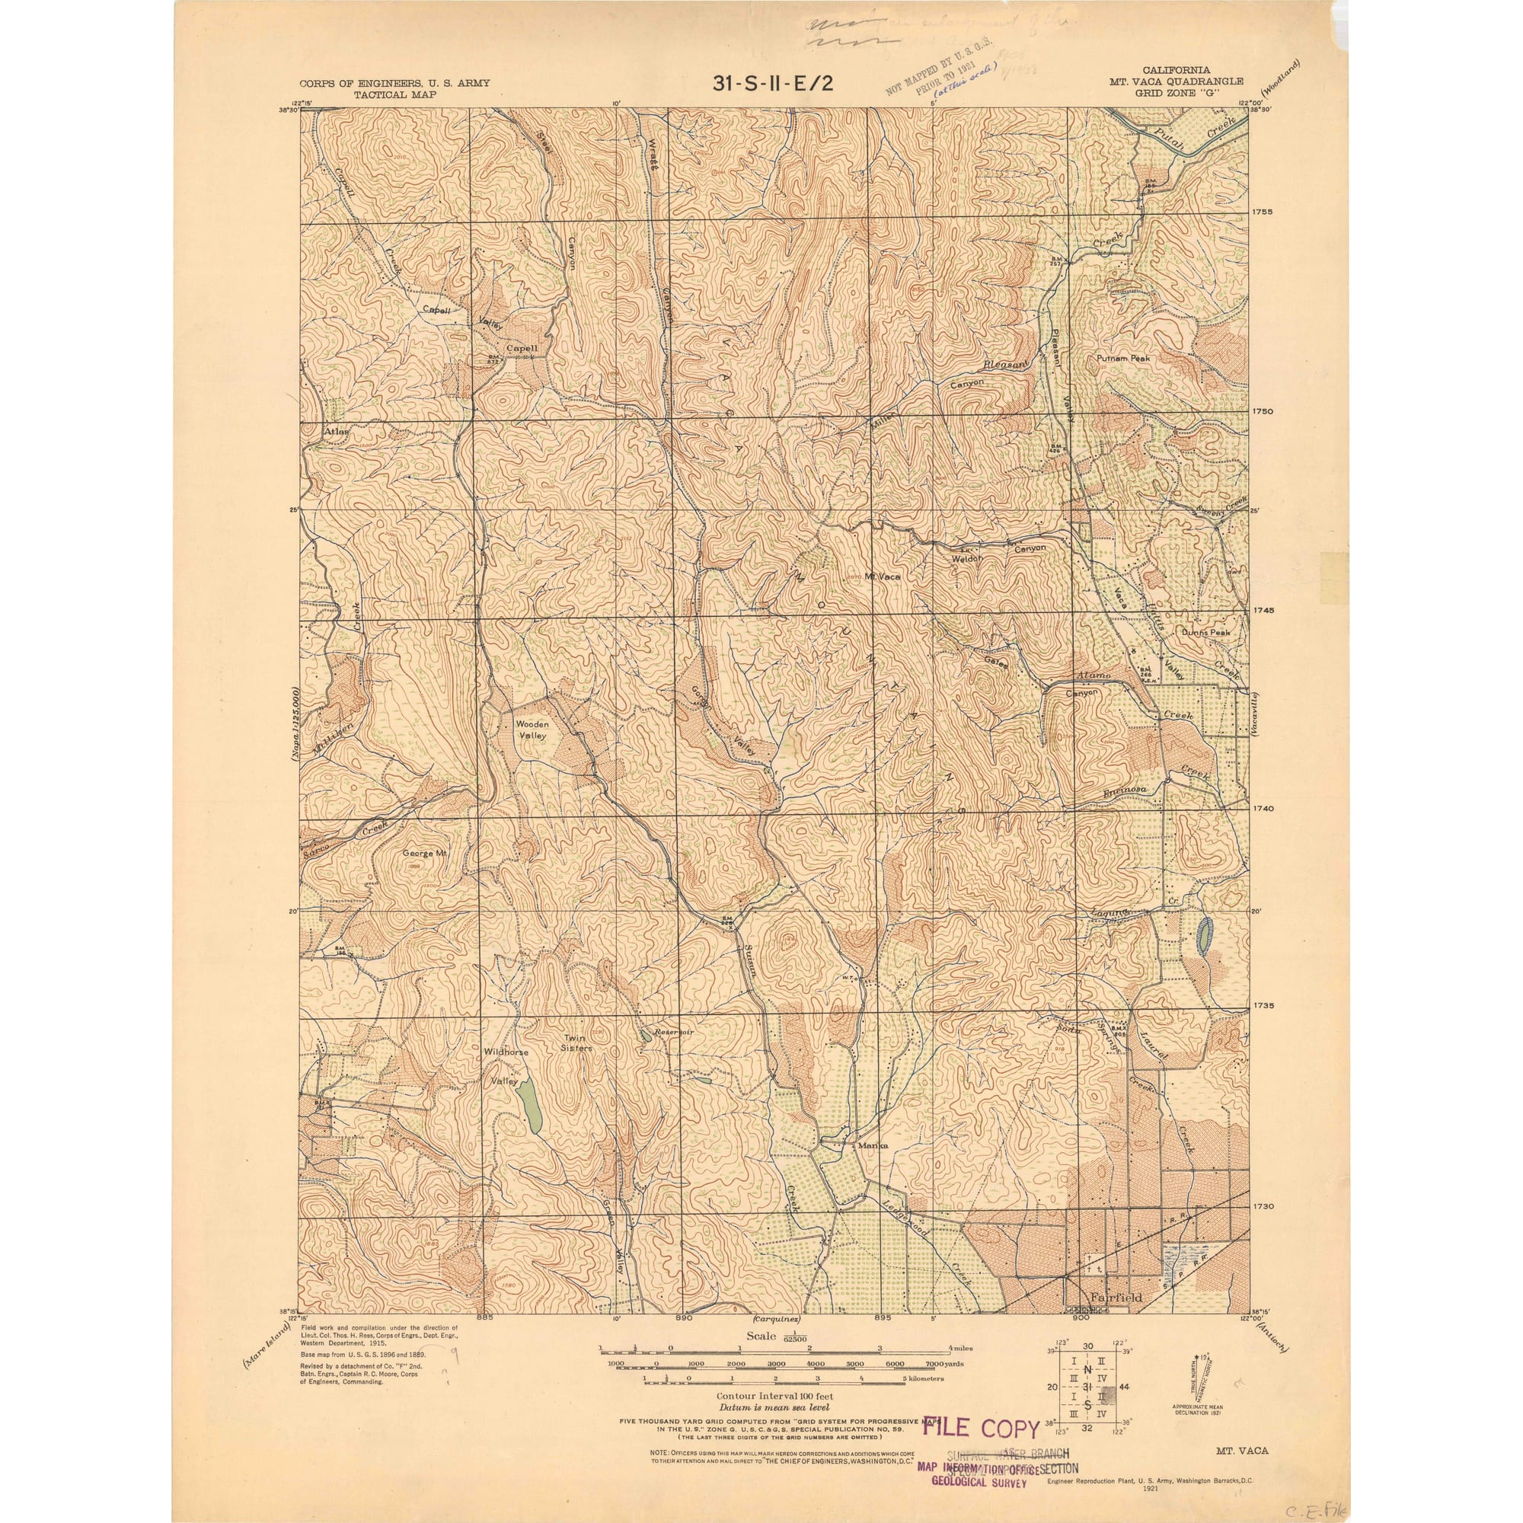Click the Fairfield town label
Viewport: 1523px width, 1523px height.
[x=1115, y=1297]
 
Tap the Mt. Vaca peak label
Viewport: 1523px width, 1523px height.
[x=881, y=576]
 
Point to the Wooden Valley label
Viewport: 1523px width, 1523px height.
[x=532, y=730]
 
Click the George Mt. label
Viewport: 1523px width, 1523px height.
[x=425, y=853]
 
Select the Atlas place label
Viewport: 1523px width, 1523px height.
[x=336, y=432]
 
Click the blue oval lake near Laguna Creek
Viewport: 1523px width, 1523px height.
[x=1204, y=937]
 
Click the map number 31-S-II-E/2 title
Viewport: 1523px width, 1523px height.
[x=771, y=83]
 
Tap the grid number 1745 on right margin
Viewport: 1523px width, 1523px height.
[x=1263, y=610]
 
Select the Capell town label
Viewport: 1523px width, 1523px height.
[x=521, y=348]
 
